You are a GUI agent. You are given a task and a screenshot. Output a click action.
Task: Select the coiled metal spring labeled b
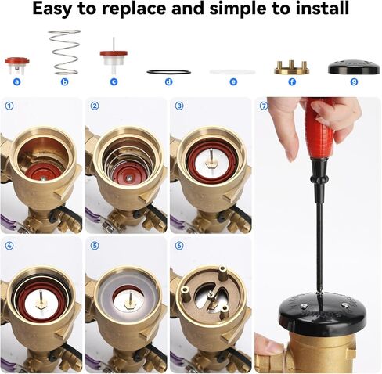[x=64, y=52]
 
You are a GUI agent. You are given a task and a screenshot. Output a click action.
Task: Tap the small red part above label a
[x=16, y=63]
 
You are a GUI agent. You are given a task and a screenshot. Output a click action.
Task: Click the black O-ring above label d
[x=168, y=72]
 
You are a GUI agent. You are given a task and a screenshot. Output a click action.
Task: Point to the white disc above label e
[x=232, y=72]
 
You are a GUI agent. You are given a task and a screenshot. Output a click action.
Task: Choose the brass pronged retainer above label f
[x=292, y=67]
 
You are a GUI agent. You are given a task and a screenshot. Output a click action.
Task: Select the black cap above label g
[x=353, y=67]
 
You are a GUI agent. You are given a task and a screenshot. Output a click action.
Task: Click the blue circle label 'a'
[x=16, y=81]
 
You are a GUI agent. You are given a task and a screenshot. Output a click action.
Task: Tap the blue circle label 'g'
[x=353, y=81]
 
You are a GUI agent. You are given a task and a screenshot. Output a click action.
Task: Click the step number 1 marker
[x=9, y=106]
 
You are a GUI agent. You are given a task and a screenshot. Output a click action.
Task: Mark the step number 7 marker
[x=263, y=106]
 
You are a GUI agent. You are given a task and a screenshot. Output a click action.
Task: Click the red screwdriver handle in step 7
[x=319, y=129]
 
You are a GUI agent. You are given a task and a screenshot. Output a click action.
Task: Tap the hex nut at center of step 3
[x=211, y=167]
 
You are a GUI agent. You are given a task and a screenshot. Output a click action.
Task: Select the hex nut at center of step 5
[x=127, y=300]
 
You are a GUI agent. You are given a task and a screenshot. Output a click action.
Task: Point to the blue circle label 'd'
[x=168, y=81]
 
